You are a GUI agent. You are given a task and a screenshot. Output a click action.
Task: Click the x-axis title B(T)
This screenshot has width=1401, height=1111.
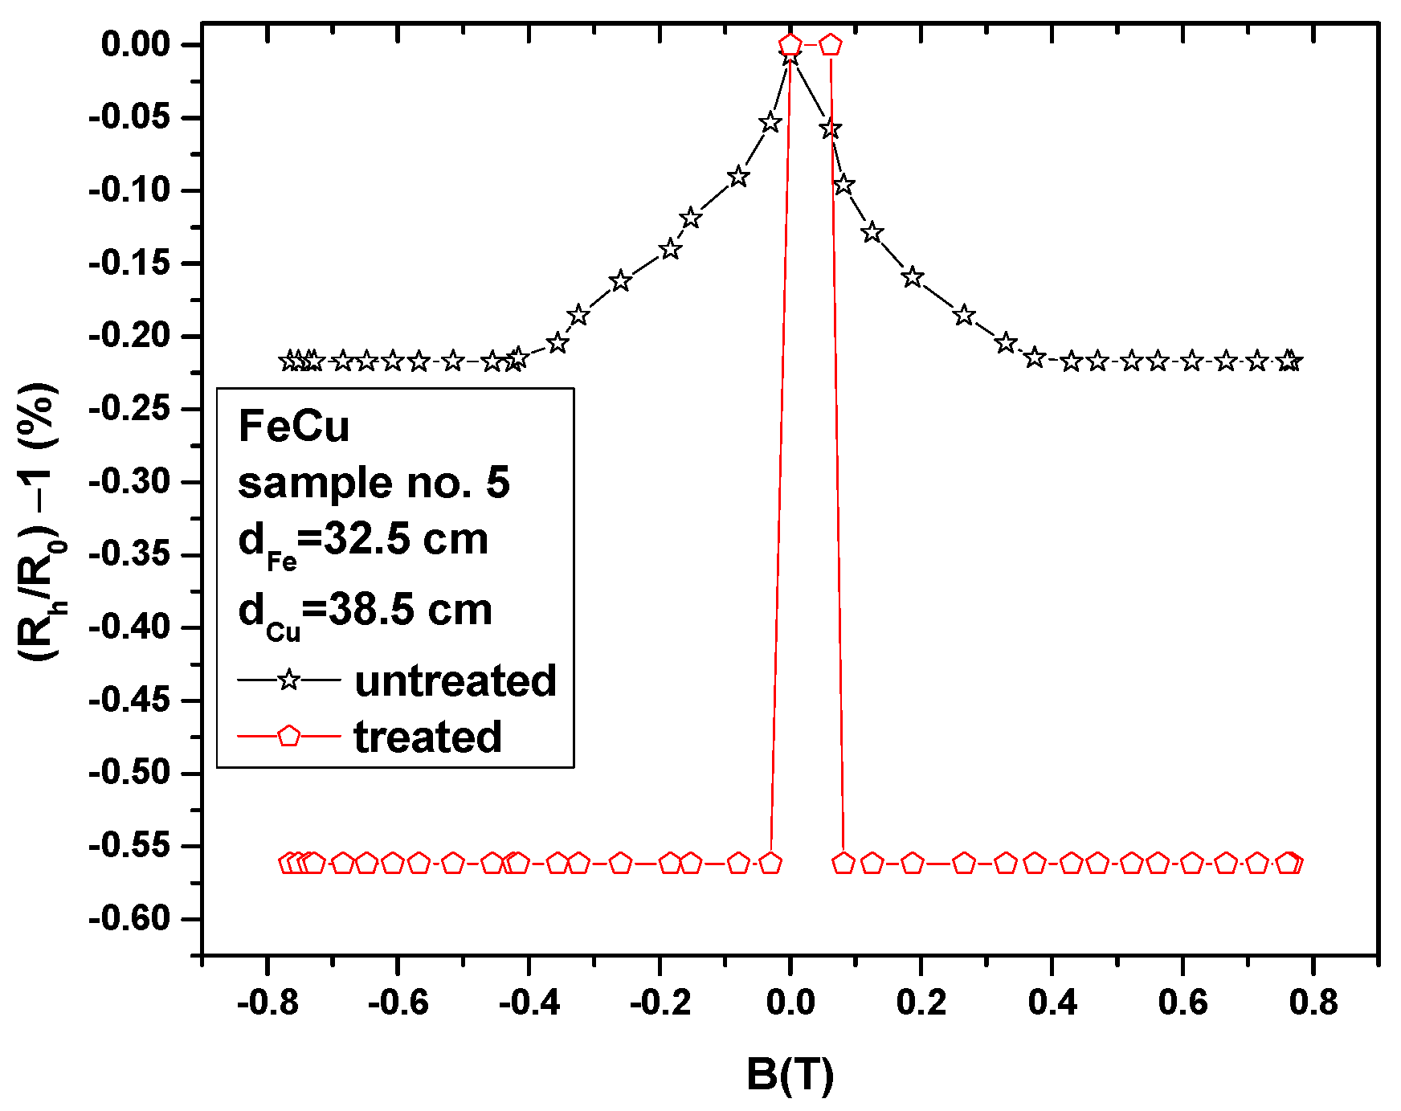790,1075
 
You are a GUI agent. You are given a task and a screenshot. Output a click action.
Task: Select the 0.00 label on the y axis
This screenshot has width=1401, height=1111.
136,44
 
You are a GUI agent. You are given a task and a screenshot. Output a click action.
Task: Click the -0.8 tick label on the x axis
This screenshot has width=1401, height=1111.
268,1003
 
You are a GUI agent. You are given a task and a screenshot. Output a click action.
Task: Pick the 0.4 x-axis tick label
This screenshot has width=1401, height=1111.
1052,1003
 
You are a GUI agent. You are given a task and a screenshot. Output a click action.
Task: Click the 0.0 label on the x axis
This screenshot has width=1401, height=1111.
790,1003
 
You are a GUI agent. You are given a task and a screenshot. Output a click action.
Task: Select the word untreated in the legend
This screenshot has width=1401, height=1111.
455,680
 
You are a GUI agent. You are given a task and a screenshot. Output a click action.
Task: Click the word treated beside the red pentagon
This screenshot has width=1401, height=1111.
427,737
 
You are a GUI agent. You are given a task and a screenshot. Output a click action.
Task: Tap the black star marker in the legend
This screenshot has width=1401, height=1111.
289,680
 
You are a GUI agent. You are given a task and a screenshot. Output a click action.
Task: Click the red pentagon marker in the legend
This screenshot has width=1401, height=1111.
289,736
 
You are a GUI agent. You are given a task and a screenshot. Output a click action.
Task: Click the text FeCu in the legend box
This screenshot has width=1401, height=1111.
294,426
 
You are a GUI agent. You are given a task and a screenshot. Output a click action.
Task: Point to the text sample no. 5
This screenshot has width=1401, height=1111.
374,482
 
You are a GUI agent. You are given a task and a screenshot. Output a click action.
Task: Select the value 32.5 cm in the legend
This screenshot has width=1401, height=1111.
406,538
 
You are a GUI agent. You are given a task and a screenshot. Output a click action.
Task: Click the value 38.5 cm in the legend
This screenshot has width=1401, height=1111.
408,610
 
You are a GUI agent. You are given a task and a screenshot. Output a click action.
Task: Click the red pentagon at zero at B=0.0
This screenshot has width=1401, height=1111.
790,44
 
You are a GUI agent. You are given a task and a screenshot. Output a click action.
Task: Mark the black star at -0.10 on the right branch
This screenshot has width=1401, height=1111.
843,186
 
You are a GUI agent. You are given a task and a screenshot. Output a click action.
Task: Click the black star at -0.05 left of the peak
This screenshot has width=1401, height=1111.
770,123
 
